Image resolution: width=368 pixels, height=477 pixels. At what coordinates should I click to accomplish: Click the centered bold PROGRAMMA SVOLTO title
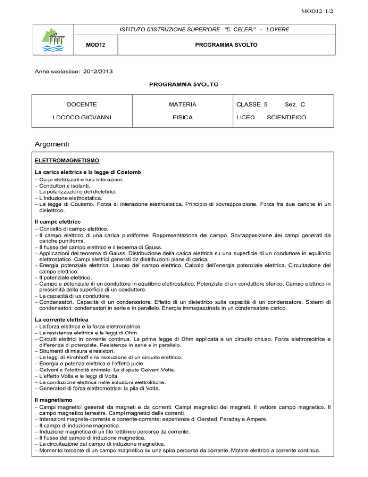click(184, 85)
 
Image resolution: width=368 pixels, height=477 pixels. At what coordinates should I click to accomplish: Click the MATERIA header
click(184, 104)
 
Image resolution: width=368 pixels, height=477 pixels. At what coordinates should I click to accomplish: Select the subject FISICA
click(184, 117)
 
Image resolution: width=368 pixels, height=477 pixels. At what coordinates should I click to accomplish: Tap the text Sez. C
click(296, 104)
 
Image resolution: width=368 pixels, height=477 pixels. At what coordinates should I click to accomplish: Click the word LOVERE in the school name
click(275, 30)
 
